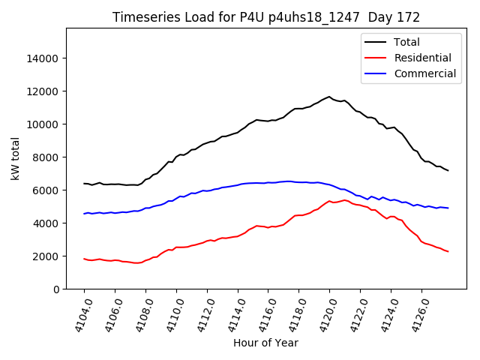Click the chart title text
coord(266,17)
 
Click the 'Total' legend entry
coord(406,42)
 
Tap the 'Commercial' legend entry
coord(424,73)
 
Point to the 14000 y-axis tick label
coord(43,58)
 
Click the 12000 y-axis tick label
coord(43,91)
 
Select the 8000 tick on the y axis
coord(46,157)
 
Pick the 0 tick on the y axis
coord(56,289)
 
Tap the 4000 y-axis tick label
coord(46,223)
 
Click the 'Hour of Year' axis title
coord(265,343)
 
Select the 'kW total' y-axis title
coord(15,158)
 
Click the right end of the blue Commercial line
coord(448,208)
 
